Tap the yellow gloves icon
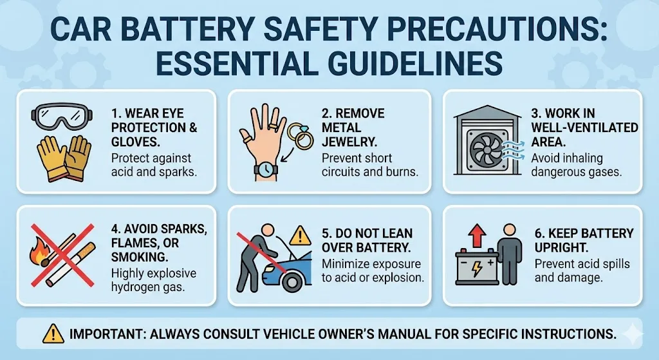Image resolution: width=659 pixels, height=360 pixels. (64, 158)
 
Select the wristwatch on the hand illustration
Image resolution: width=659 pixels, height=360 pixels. (266, 169)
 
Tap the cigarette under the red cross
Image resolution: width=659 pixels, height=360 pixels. (71, 264)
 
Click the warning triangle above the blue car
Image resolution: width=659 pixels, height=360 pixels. (299, 236)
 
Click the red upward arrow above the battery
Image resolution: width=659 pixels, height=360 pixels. (477, 236)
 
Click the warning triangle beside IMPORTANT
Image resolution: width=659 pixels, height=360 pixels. (53, 334)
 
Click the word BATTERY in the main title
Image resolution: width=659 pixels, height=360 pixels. (185, 31)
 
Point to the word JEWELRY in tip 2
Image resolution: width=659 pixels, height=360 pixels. (349, 142)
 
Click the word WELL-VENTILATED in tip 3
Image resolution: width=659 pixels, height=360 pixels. (584, 128)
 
